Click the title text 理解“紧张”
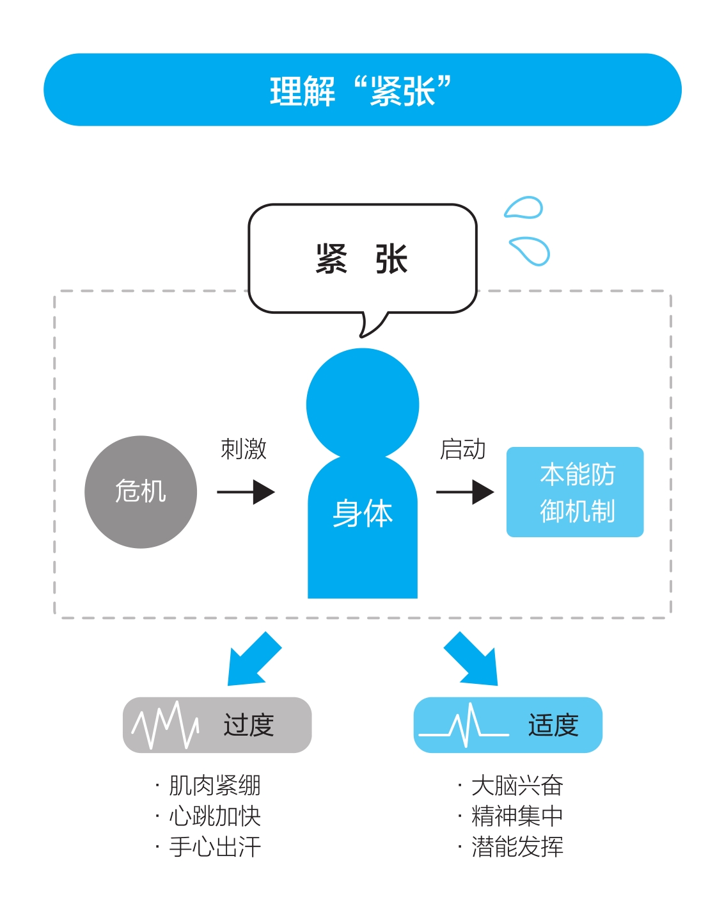pyautogui.click(x=361, y=90)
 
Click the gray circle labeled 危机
pyautogui.click(x=141, y=492)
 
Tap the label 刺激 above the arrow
pyautogui.click(x=244, y=449)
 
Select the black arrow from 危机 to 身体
pyautogui.click(x=246, y=492)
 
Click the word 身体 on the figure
pyautogui.click(x=363, y=513)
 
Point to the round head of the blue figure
pyautogui.click(x=363, y=404)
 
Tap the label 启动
pyautogui.click(x=462, y=449)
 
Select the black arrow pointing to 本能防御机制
pyautogui.click(x=465, y=492)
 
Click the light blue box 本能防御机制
pyautogui.click(x=575, y=492)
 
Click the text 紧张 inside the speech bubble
pyautogui.click(x=361, y=259)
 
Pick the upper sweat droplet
pyautogui.click(x=523, y=207)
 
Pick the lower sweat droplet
pyautogui.click(x=530, y=251)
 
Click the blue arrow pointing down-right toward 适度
pyautogui.click(x=471, y=660)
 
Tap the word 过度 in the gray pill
pyautogui.click(x=249, y=725)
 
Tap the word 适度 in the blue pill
pyautogui.click(x=553, y=725)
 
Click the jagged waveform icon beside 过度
pyautogui.click(x=165, y=725)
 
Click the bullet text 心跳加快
pyautogui.click(x=215, y=816)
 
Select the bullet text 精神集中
pyautogui.click(x=517, y=816)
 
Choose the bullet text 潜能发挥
pyautogui.click(x=517, y=846)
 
